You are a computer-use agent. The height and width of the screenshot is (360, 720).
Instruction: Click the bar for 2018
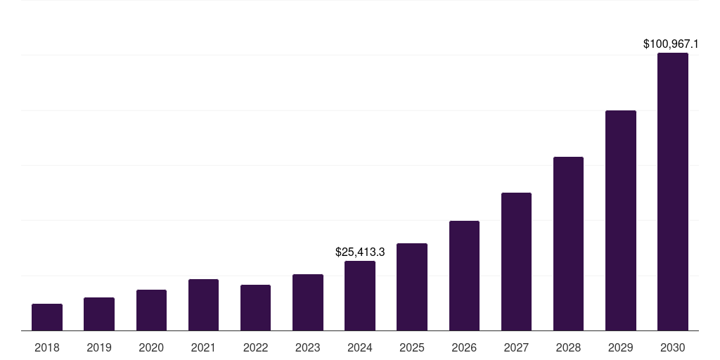tap(47, 317)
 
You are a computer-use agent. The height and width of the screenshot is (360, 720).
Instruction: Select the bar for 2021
tap(203, 305)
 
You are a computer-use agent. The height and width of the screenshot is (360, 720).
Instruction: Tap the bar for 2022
tap(255, 308)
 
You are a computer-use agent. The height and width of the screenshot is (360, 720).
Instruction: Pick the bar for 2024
tap(360, 296)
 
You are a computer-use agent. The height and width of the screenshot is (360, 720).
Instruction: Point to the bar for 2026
tap(464, 276)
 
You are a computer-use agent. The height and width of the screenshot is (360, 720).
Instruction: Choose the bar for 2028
tap(568, 244)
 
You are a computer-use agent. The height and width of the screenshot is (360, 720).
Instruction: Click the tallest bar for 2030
tap(672, 192)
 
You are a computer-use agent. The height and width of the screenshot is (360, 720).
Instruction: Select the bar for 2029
tap(620, 221)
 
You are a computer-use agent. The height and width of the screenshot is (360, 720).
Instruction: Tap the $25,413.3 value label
tap(360, 252)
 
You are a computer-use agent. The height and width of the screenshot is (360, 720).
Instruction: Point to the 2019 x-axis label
tap(99, 347)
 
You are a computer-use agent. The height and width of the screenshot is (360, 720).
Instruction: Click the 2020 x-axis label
tap(151, 347)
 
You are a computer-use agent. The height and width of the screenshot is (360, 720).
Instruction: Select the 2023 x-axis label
tap(308, 347)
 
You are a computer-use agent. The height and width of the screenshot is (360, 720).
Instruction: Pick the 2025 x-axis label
tap(412, 347)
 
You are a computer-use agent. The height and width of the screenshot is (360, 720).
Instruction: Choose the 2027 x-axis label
tap(516, 347)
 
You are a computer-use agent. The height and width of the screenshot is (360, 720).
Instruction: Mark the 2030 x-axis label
tap(672, 347)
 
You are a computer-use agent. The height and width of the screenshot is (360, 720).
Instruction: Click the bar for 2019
tap(99, 314)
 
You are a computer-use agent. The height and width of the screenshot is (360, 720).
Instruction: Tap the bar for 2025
tap(412, 287)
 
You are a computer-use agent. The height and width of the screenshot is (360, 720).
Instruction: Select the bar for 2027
tap(516, 262)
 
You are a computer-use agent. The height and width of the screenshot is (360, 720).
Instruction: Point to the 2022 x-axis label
tap(255, 347)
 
